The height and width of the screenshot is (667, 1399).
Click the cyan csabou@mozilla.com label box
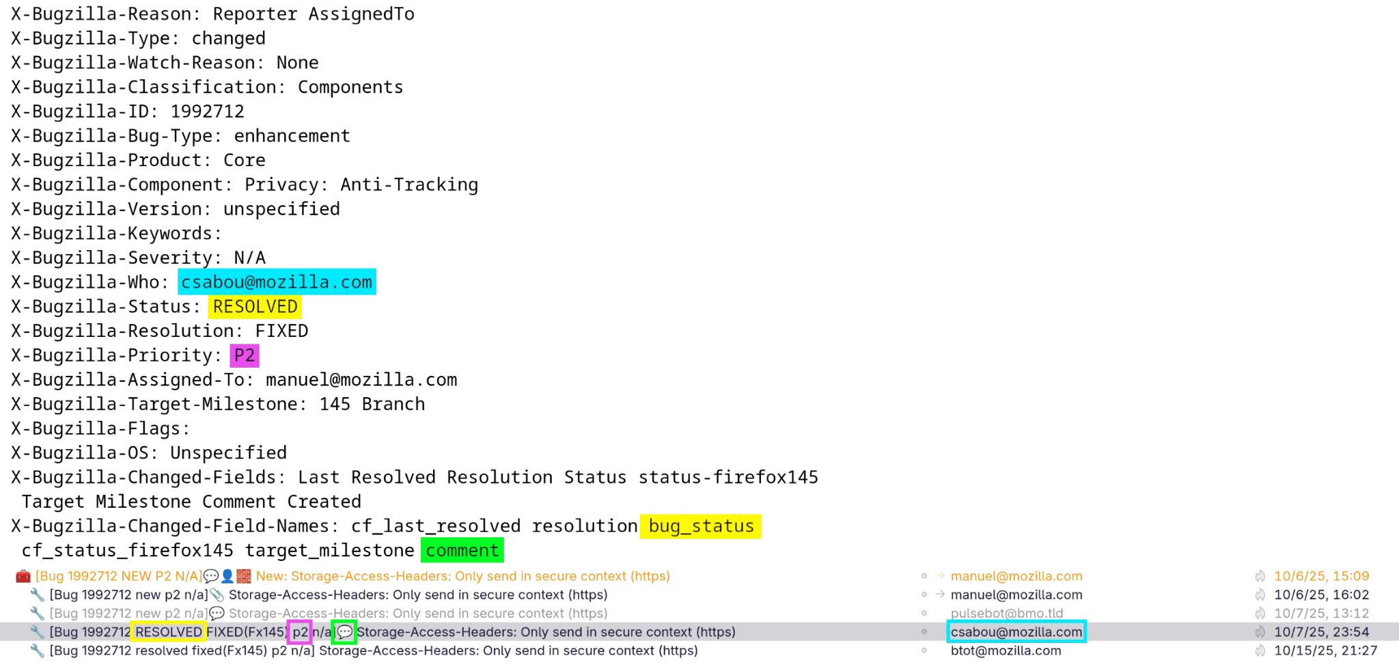[277, 282]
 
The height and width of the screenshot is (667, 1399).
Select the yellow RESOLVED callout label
[255, 307]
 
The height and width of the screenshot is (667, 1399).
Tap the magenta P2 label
[245, 355]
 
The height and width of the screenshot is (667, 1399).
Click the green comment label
[462, 550]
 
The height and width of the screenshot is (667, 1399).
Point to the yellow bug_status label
[700, 526]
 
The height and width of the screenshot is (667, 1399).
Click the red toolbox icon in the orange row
[23, 576]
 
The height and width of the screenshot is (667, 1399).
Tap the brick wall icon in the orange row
[245, 576]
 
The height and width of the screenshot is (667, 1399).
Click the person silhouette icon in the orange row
[227, 576]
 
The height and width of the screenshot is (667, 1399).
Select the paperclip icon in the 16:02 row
[217, 595]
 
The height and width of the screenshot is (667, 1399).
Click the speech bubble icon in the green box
[344, 632]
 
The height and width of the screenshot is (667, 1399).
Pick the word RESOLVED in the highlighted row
[169, 632]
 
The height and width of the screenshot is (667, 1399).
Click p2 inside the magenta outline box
[300, 632]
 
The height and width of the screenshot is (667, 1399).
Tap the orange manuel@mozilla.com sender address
[1016, 576]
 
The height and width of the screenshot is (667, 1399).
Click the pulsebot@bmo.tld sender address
[1007, 613]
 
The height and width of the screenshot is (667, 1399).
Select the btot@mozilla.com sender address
[1006, 651]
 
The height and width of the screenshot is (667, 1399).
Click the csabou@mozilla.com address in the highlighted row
[1016, 632]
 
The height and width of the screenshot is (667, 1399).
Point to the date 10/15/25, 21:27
[1325, 651]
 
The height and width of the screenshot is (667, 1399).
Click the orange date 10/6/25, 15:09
[1321, 576]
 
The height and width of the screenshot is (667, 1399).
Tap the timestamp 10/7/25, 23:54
[1321, 632]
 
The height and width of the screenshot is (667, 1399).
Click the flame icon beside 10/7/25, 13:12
[1260, 613]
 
